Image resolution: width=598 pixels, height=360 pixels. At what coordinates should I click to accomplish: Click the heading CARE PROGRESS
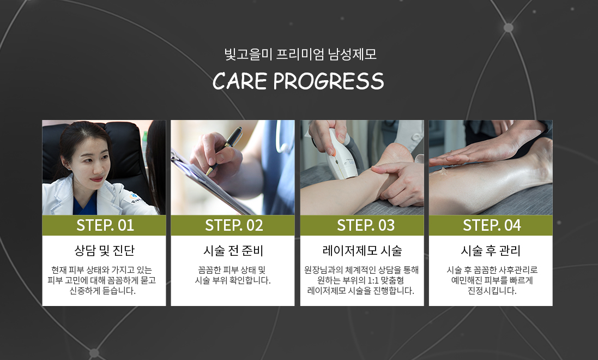pyautogui.click(x=298, y=81)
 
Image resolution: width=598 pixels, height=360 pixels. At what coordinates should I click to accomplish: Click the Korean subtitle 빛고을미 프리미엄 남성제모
pyautogui.click(x=300, y=54)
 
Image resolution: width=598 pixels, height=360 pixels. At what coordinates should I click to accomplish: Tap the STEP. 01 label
pyautogui.click(x=105, y=225)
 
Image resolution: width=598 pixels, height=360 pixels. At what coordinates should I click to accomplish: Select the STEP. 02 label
pyautogui.click(x=234, y=225)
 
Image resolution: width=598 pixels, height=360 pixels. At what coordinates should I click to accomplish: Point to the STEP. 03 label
pyautogui.click(x=366, y=225)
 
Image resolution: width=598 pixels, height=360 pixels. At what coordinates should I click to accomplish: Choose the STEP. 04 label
pyautogui.click(x=492, y=225)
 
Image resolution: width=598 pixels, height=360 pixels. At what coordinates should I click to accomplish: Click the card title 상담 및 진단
pyautogui.click(x=105, y=250)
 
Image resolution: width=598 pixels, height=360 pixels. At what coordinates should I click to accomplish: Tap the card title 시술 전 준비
pyautogui.click(x=233, y=250)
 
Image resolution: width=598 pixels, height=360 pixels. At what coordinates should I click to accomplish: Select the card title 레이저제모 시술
pyautogui.click(x=363, y=250)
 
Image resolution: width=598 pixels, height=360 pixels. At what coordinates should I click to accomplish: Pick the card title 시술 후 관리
pyautogui.click(x=491, y=250)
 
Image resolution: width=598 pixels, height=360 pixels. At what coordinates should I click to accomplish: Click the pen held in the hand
pyautogui.click(x=225, y=149)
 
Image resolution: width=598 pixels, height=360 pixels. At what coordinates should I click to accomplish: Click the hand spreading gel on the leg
pyautogui.click(x=481, y=151)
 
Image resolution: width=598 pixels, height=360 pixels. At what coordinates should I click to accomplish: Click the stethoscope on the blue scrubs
pyautogui.click(x=282, y=137)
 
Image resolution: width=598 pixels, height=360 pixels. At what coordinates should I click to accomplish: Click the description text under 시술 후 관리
pyautogui.click(x=492, y=280)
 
